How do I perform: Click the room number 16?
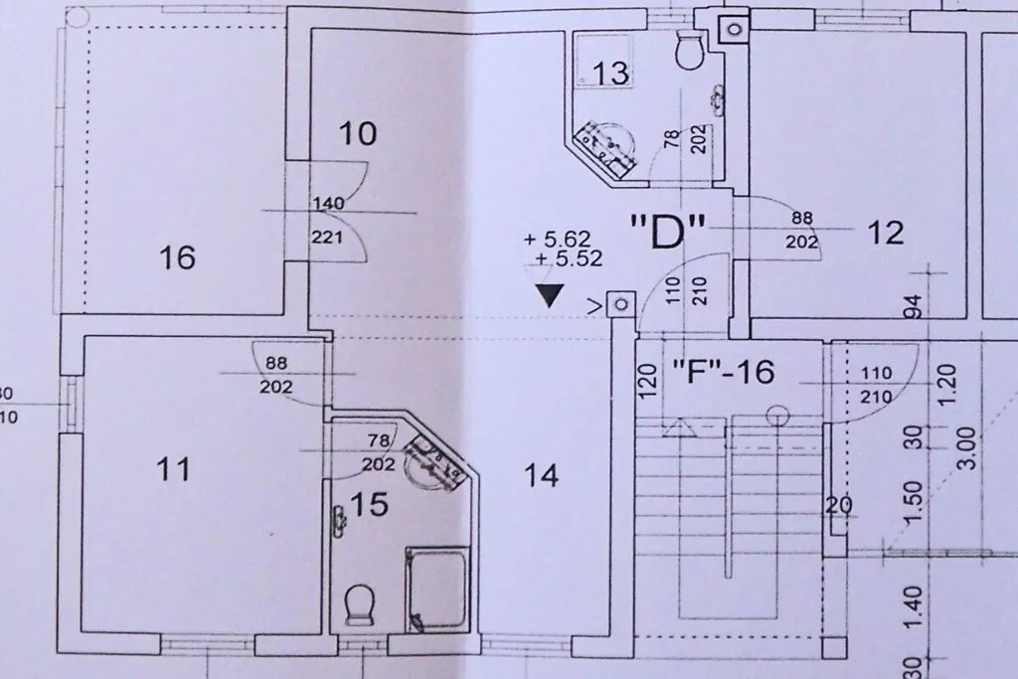tap(177, 257)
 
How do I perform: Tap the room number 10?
tap(358, 134)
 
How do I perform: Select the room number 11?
tap(174, 468)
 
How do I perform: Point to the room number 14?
tap(541, 476)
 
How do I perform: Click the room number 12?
tap(886, 233)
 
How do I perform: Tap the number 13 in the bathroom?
tap(611, 73)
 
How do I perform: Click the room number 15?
tap(370, 504)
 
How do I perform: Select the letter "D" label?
tap(668, 232)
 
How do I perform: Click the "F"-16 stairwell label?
tap(723, 372)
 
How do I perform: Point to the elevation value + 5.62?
tap(557, 239)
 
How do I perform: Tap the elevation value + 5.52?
tap(569, 259)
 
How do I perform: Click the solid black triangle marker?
tap(551, 296)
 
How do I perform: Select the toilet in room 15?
tap(358, 604)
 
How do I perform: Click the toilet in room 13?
tap(689, 46)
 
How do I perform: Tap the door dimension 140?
tap(328, 204)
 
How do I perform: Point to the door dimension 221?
tap(326, 237)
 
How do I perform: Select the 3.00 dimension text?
tap(966, 448)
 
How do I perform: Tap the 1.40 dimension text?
tap(913, 607)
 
